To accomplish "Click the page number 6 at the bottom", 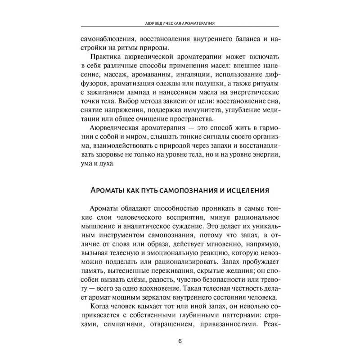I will point(180,341).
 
